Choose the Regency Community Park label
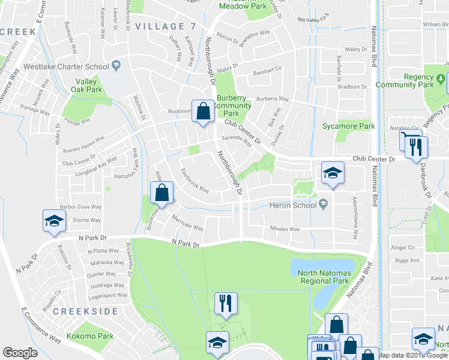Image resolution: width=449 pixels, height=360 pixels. [404, 81]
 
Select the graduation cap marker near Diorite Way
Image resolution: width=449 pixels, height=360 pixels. [54, 221]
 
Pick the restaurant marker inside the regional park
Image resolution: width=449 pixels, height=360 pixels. [226, 303]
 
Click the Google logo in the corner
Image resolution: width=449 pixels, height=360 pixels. [20, 353]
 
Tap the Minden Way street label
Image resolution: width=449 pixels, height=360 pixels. [285, 229]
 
